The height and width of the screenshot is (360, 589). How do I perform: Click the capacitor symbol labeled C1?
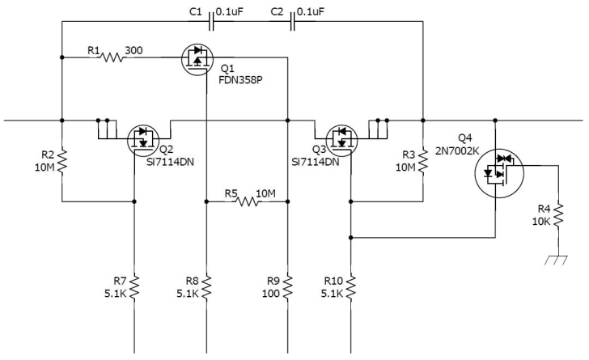(212, 23)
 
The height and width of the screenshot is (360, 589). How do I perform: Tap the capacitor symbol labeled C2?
(292, 23)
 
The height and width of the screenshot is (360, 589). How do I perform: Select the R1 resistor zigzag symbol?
(111, 58)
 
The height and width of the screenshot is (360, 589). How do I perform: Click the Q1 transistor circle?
(198, 58)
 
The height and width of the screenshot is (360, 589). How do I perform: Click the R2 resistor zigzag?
(61, 161)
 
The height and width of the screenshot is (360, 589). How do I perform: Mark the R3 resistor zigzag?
(422, 161)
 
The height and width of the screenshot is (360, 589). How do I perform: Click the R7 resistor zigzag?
(134, 286)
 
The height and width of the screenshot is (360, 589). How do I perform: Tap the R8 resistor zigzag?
(206, 286)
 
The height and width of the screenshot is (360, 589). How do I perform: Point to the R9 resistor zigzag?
(287, 286)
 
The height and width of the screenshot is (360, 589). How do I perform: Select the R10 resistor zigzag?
(350, 286)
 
